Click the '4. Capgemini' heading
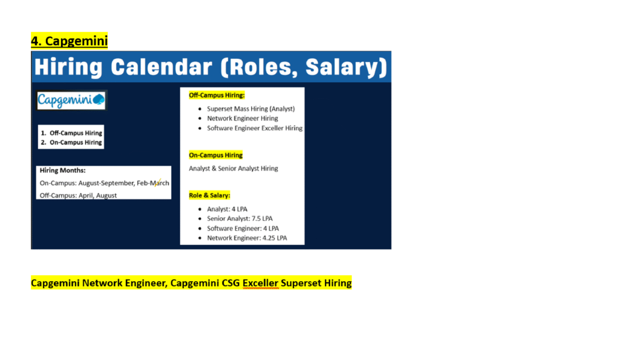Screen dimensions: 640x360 pyautogui.click(x=69, y=41)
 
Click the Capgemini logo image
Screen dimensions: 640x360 pyautogui.click(x=71, y=100)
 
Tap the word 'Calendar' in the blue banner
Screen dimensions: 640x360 pyautogui.click(x=162, y=67)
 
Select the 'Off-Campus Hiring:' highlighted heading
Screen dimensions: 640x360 pyautogui.click(x=217, y=95)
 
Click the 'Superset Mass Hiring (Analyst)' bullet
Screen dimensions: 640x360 pyautogui.click(x=251, y=109)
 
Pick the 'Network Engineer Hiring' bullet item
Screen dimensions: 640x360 pyautogui.click(x=243, y=118)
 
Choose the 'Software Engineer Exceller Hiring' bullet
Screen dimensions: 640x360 pyautogui.click(x=254, y=128)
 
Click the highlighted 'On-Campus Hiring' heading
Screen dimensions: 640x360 pyautogui.click(x=215, y=155)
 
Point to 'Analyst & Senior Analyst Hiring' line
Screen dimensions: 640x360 pyautogui.click(x=234, y=169)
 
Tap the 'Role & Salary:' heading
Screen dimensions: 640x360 pyautogui.click(x=210, y=195)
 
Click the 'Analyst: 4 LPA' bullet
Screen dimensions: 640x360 pyautogui.click(x=227, y=209)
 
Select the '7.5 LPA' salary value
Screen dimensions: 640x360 pyautogui.click(x=262, y=219)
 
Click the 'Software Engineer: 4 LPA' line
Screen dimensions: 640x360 pyautogui.click(x=243, y=228)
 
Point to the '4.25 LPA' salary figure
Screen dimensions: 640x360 pyautogui.click(x=275, y=238)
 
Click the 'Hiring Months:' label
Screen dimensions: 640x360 pyautogui.click(x=62, y=171)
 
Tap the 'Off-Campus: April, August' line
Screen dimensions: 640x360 pyautogui.click(x=78, y=195)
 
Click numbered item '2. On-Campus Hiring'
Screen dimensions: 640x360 pyautogui.click(x=71, y=142)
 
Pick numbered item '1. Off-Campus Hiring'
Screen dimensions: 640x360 pyautogui.click(x=71, y=133)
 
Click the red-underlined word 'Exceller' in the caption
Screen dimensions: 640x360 pyautogui.click(x=260, y=283)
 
